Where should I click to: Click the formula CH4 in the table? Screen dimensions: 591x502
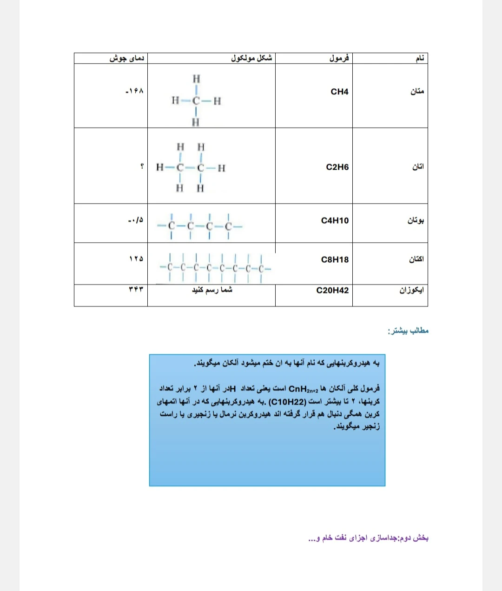tap(339, 92)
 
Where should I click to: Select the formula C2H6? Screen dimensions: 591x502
tap(337, 167)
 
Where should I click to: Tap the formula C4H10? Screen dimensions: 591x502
tap(335, 220)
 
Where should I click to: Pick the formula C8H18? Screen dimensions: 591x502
tap(335, 259)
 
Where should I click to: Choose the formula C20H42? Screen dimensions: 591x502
tap(332, 290)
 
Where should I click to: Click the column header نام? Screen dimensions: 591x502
tap(419, 59)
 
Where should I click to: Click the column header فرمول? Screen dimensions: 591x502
tap(339, 59)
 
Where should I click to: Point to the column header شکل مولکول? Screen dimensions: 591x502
tap(251, 59)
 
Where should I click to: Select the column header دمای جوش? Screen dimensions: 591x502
tap(127, 59)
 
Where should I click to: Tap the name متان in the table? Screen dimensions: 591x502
tap(417, 92)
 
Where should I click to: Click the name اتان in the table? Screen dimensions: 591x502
tap(418, 166)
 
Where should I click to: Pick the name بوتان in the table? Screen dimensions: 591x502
tap(416, 220)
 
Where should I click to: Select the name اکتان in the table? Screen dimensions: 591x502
tap(416, 259)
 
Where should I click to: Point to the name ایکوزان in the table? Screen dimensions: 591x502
tap(411, 290)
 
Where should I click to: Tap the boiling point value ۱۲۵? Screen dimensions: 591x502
tap(136, 259)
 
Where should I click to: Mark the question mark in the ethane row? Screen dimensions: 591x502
tap(142, 166)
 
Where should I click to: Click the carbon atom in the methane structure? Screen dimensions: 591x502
tap(196, 100)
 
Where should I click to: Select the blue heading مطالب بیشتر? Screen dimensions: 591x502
tap(408, 331)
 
